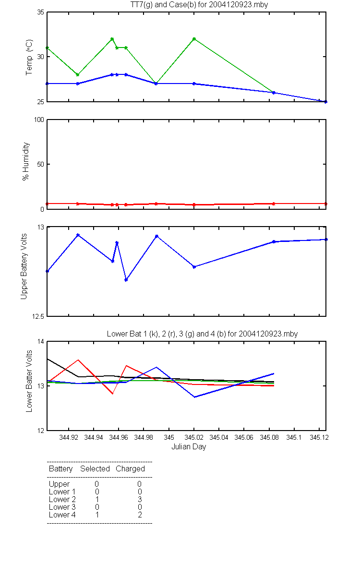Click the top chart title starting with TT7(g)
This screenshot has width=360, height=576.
click(199, 5)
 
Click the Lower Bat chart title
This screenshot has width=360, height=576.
click(202, 334)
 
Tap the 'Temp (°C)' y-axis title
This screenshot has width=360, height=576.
click(29, 57)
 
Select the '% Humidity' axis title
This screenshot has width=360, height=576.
click(26, 161)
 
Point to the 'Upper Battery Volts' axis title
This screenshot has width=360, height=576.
click(24, 266)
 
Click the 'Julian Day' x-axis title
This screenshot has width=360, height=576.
click(189, 447)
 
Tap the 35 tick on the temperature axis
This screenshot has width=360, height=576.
click(41, 12)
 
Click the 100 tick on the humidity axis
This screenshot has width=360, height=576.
click(39, 120)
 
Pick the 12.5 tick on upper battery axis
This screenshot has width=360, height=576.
click(38, 316)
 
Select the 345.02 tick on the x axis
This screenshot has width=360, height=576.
click(194, 437)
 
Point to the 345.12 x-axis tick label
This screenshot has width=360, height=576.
click(319, 437)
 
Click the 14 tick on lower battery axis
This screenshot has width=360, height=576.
click(41, 341)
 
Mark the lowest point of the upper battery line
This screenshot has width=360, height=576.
click(126, 280)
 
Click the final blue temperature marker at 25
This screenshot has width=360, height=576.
click(325, 102)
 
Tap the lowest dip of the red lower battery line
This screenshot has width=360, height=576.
click(112, 394)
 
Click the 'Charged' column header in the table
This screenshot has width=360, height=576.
click(130, 469)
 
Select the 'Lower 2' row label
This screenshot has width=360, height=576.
click(62, 499)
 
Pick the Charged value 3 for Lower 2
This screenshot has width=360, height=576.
click(140, 499)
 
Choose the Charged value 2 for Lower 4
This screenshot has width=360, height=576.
click(140, 515)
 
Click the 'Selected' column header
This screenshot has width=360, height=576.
click(95, 468)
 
